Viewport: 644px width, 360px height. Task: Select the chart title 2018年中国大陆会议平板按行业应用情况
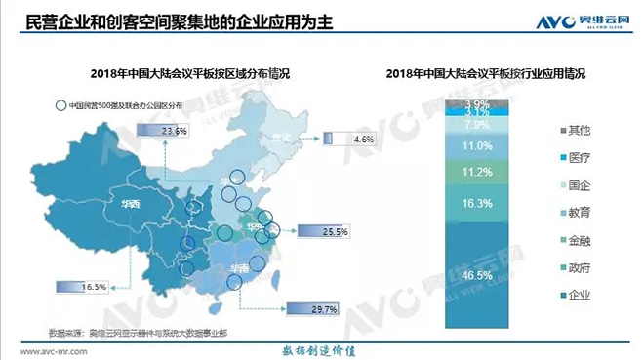492,74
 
